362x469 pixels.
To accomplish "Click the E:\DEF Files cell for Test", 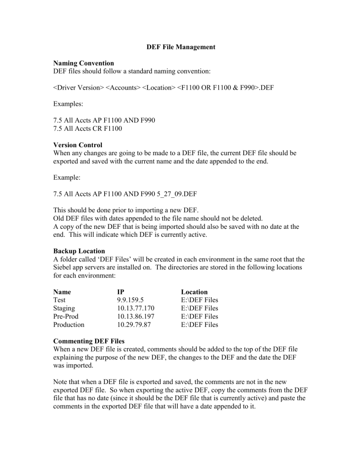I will click(197, 300).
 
